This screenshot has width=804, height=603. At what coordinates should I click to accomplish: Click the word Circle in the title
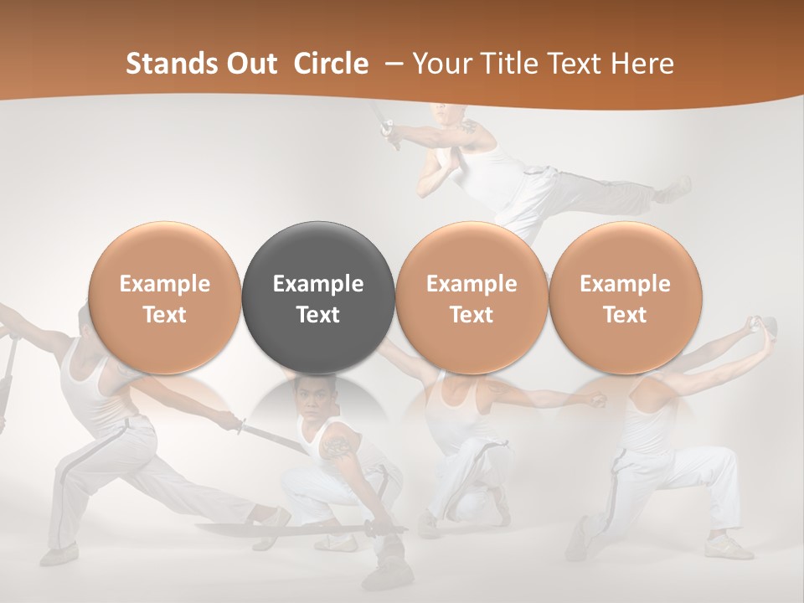(331, 64)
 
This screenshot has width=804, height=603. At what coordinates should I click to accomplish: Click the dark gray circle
(318, 298)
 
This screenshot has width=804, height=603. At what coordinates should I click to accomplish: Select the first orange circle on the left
(165, 298)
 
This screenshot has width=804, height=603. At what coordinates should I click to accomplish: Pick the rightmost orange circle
(625, 298)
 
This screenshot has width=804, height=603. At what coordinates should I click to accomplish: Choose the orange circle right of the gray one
(472, 298)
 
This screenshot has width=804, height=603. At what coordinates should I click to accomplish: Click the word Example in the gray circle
(318, 284)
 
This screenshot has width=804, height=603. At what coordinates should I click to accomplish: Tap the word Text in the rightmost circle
(625, 315)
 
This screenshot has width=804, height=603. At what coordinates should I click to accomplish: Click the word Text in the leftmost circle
(165, 315)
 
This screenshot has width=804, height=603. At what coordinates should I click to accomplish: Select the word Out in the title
(250, 64)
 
